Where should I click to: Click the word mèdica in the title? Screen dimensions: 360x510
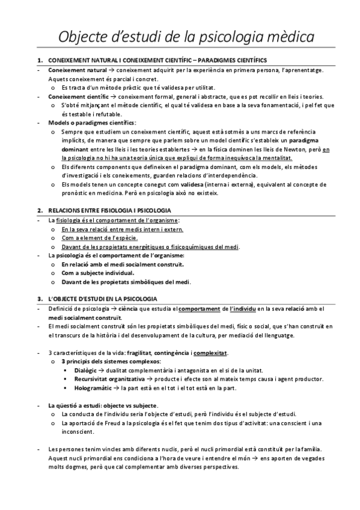coord(284,37)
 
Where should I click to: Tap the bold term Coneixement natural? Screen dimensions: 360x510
coord(71,70)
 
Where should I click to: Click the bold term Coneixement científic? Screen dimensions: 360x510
coord(72,96)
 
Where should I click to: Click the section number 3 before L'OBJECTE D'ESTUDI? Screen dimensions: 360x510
coord(39,298)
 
